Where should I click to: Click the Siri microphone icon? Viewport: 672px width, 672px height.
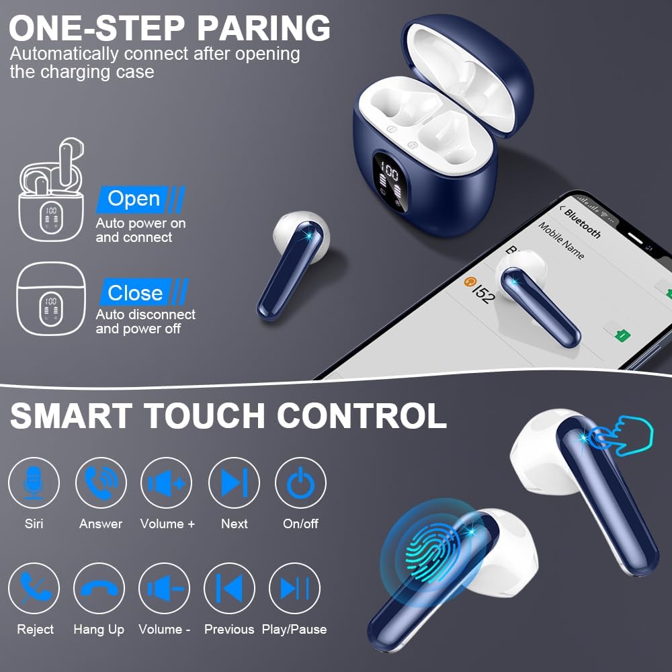(x=34, y=482)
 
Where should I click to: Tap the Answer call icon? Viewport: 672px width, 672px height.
(x=101, y=482)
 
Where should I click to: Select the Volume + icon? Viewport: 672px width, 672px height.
(x=166, y=482)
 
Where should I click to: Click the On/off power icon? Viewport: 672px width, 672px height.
(x=300, y=482)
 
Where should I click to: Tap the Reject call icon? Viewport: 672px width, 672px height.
(x=35, y=588)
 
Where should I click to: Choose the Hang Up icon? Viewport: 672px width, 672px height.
(x=99, y=588)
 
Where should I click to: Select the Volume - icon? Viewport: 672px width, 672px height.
(x=164, y=588)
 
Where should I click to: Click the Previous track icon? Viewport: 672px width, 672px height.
(x=229, y=588)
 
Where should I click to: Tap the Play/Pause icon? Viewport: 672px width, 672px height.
(x=294, y=588)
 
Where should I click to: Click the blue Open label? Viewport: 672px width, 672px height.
(x=134, y=199)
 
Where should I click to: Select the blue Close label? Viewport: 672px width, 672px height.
(x=136, y=293)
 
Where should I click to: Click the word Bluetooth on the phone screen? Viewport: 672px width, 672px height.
(x=582, y=222)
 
